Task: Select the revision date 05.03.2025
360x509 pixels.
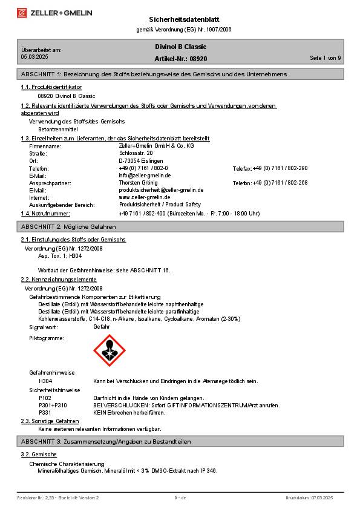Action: (34, 56)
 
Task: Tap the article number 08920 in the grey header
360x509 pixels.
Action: (198, 59)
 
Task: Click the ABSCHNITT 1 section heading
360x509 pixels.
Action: (154, 74)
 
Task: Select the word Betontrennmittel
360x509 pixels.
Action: (58, 129)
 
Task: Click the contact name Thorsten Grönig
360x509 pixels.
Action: (138, 183)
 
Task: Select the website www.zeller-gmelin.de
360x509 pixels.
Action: (144, 197)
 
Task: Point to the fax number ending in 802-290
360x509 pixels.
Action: (280, 168)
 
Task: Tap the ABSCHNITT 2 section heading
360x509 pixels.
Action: (68, 226)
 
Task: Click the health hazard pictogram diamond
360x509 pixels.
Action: (110, 350)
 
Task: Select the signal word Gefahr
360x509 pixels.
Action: (102, 327)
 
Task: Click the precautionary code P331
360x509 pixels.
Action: (45, 412)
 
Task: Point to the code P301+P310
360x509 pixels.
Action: (53, 405)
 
